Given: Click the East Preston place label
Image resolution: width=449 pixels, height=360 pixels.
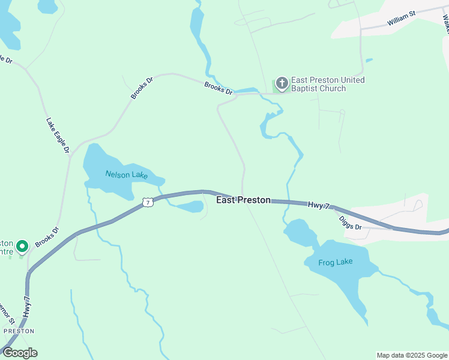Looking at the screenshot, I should pyautogui.click(x=243, y=200).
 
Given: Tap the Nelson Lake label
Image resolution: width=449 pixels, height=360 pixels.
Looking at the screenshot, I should pyautogui.click(x=126, y=175).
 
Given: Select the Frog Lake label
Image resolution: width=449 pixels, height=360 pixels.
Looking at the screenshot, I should pyautogui.click(x=336, y=262).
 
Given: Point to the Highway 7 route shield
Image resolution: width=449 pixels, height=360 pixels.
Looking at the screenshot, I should pyautogui.click(x=148, y=202).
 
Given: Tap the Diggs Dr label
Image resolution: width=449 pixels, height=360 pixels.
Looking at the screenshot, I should pyautogui.click(x=350, y=223).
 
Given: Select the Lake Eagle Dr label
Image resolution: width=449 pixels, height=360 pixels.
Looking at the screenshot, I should pyautogui.click(x=58, y=135).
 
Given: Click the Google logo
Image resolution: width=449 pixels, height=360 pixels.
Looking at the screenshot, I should pyautogui.click(x=20, y=353).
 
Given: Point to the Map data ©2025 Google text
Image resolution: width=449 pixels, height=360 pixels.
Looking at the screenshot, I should pyautogui.click(x=411, y=355).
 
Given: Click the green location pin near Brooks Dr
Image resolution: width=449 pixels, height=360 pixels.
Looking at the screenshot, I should pyautogui.click(x=22, y=246).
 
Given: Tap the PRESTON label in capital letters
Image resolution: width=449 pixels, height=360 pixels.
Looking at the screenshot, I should pyautogui.click(x=19, y=331).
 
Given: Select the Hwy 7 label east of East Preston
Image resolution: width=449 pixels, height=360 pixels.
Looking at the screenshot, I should pyautogui.click(x=319, y=205).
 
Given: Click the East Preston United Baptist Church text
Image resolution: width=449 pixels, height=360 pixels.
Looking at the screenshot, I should pyautogui.click(x=327, y=84).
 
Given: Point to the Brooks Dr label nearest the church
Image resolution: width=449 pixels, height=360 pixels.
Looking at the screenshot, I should pyautogui.click(x=218, y=88).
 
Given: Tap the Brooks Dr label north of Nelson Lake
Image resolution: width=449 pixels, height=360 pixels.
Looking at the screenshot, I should pyautogui.click(x=142, y=88).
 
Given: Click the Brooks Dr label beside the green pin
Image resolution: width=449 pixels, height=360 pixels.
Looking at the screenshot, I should pyautogui.click(x=47, y=237).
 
